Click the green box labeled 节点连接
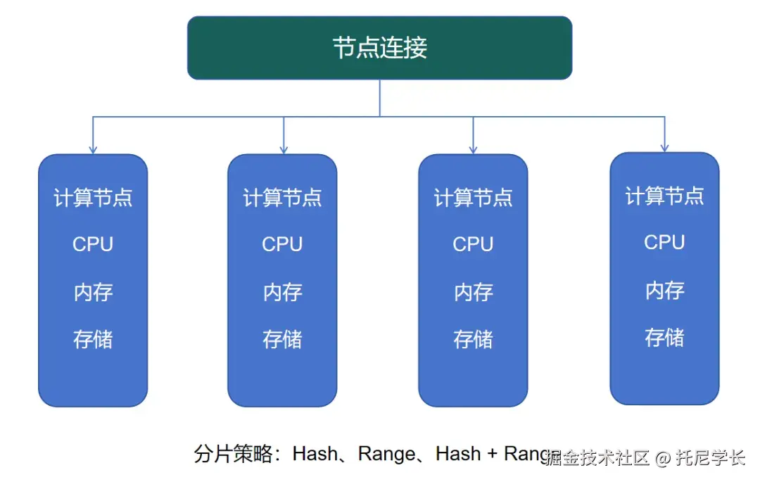click(x=379, y=48)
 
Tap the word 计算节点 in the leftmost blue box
click(x=93, y=198)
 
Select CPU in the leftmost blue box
click(x=93, y=244)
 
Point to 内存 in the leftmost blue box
click(x=93, y=292)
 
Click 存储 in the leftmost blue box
click(x=93, y=340)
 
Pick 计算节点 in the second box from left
click(x=282, y=198)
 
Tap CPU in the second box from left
click(x=282, y=244)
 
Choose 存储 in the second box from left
click(x=282, y=340)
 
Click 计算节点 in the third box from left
click(x=473, y=198)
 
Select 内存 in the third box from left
click(x=473, y=292)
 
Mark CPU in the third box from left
click(x=473, y=244)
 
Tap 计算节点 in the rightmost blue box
click(x=664, y=196)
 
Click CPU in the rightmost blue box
click(x=664, y=242)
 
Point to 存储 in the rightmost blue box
click(x=664, y=338)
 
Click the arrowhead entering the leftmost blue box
click(x=93, y=149)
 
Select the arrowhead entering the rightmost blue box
click(x=664, y=147)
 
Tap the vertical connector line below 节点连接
click(x=380, y=97)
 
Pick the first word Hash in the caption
click(x=315, y=454)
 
